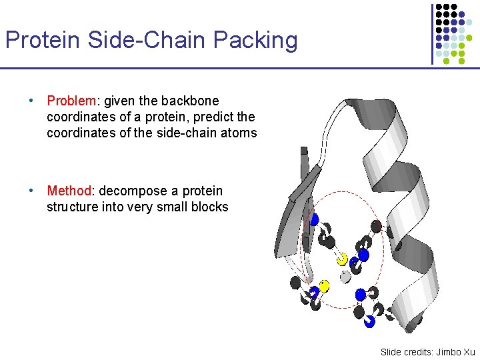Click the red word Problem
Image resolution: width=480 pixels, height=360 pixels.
(x=71, y=101)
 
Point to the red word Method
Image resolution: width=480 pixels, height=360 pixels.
(x=69, y=191)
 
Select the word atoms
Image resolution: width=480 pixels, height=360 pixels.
(x=239, y=133)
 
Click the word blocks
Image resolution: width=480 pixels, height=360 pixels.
(x=209, y=207)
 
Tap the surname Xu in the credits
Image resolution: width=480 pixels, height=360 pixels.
(x=469, y=351)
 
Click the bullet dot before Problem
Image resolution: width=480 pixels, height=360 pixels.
(x=31, y=101)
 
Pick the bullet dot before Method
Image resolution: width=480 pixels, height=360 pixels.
(x=31, y=191)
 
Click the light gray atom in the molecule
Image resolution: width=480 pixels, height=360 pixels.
(x=345, y=275)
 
